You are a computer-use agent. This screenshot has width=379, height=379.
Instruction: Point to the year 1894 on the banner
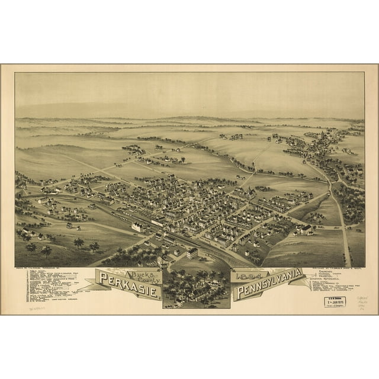pos(246,276)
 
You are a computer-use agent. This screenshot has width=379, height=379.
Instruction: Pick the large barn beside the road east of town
pos(306,229)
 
